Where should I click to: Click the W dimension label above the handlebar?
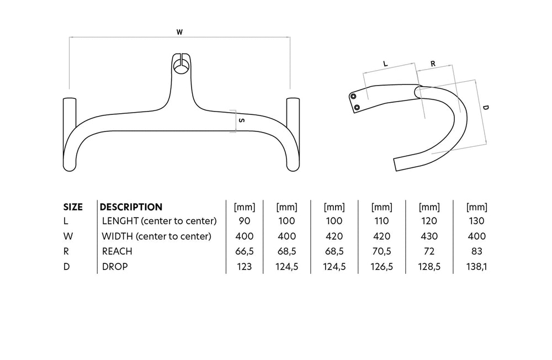pyautogui.click(x=179, y=32)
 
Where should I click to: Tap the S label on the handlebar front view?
pyautogui.click(x=242, y=120)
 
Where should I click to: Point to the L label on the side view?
pyautogui.click(x=385, y=63)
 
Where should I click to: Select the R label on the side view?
pyautogui.click(x=433, y=63)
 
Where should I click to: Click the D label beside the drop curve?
pyautogui.click(x=485, y=108)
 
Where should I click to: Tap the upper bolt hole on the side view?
pyautogui.click(x=353, y=96)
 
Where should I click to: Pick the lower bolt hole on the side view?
pyautogui.click(x=357, y=107)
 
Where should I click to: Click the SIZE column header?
pyautogui.click(x=73, y=207)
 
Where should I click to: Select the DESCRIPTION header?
pyautogui.click(x=131, y=207)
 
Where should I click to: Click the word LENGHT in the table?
pyautogui.click(x=120, y=221)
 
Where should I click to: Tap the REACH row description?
pyautogui.click(x=117, y=251)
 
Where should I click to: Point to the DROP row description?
pyautogui.click(x=115, y=267)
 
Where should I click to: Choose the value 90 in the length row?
pyautogui.click(x=245, y=221)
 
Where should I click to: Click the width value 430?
pyautogui.click(x=429, y=236)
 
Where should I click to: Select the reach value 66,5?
pyautogui.click(x=245, y=252)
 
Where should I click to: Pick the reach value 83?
pyautogui.click(x=477, y=251)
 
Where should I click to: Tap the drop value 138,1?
pyautogui.click(x=477, y=267)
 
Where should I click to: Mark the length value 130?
pyautogui.click(x=477, y=221)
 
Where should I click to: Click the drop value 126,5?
pyautogui.click(x=381, y=267)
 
